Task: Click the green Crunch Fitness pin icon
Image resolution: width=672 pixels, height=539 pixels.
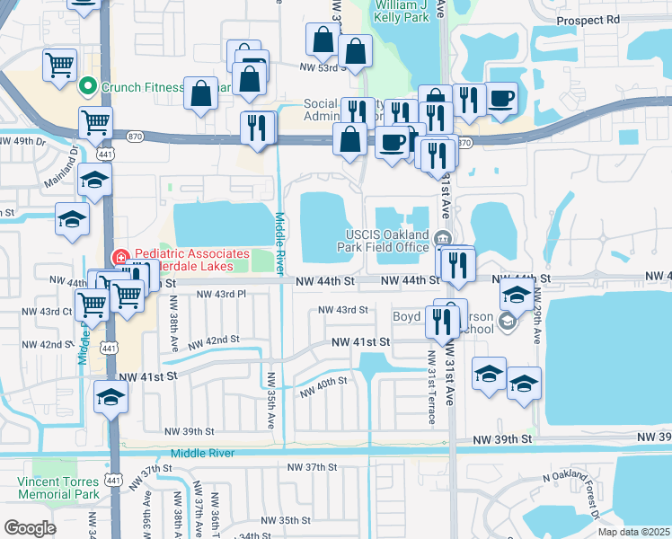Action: coord(88,87)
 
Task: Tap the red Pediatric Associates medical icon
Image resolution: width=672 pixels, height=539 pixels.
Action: coord(118,259)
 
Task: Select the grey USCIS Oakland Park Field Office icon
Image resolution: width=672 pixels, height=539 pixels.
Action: coord(442,238)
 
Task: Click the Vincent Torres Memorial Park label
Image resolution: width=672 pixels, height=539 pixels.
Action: coord(57,488)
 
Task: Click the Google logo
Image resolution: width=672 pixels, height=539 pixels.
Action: coord(30,528)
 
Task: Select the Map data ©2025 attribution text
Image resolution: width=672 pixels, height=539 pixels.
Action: coord(632,531)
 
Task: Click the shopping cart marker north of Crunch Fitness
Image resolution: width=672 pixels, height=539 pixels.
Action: coord(59,65)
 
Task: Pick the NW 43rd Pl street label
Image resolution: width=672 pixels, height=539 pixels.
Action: coord(220,294)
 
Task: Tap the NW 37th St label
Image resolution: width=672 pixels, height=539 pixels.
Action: coord(312,467)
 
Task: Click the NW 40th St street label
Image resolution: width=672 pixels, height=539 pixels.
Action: coord(323,386)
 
